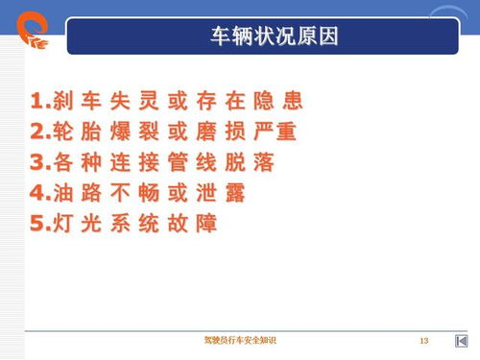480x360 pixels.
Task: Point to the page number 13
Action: click(423, 342)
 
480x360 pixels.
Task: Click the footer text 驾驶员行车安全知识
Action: click(239, 342)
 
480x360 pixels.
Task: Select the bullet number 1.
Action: click(36, 101)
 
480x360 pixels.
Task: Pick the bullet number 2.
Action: click(36, 132)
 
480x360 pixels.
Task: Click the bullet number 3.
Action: click(36, 162)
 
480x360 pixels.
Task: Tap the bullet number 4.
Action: click(36, 193)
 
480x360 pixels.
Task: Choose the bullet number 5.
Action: click(36, 224)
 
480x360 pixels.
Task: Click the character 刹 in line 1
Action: click(60, 101)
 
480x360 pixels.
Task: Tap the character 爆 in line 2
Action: click(126, 132)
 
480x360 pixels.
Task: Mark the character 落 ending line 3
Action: click(264, 162)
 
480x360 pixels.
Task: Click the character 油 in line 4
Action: click(60, 193)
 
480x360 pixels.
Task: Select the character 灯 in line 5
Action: click(60, 224)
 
